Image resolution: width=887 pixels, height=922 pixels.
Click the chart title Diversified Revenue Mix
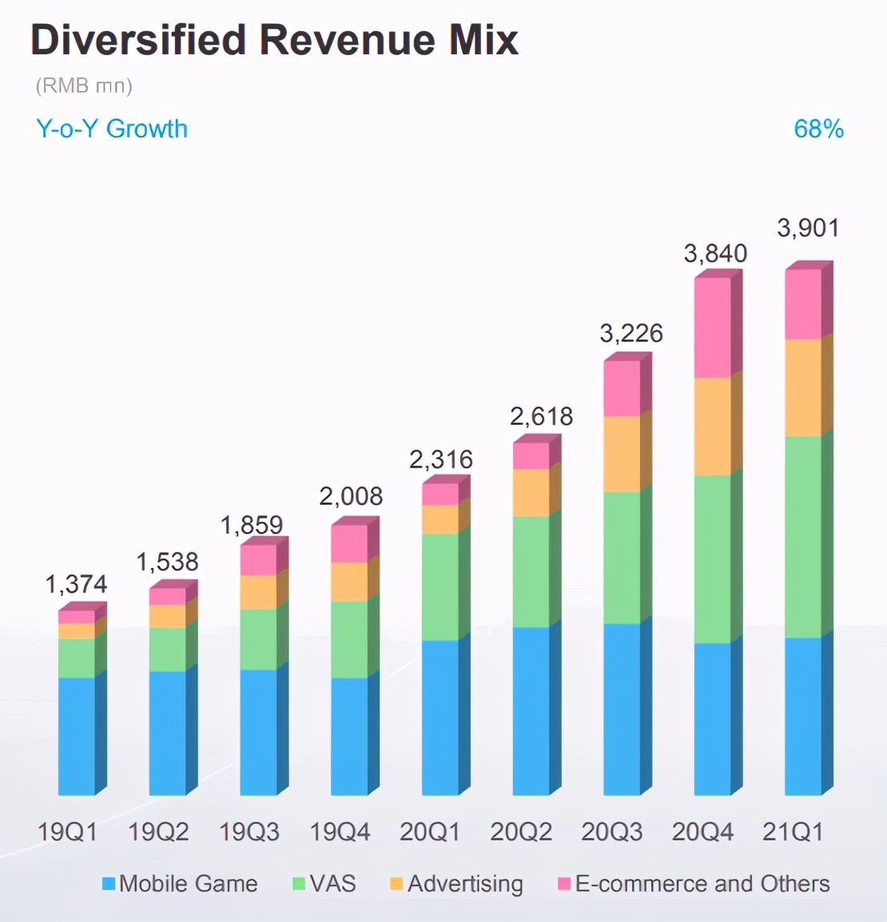pyautogui.click(x=274, y=40)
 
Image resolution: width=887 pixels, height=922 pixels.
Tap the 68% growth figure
pyautogui.click(x=818, y=129)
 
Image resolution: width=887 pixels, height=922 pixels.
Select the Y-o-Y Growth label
pyautogui.click(x=112, y=129)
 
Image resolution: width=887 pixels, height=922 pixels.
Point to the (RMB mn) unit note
pyautogui.click(x=83, y=85)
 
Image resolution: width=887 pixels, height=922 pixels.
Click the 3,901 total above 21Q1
pyautogui.click(x=808, y=229)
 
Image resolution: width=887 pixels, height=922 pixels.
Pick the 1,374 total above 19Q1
pyautogui.click(x=76, y=584)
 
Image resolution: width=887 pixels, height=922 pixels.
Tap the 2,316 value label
pyautogui.click(x=440, y=459)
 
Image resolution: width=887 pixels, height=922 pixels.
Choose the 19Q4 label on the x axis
pyautogui.click(x=340, y=832)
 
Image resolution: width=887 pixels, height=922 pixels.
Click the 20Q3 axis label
pyautogui.click(x=611, y=832)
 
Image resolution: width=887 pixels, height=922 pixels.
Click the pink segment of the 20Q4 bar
pyautogui.click(x=713, y=328)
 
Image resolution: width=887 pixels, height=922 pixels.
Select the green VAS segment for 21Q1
pyautogui.click(x=803, y=537)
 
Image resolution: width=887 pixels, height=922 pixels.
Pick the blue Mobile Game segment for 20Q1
pyautogui.click(x=440, y=717)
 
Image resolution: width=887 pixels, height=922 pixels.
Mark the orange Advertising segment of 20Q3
pyautogui.click(x=622, y=454)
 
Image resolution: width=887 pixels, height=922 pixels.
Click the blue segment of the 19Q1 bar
pyautogui.click(x=77, y=736)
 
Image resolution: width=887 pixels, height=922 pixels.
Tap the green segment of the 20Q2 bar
pyautogui.click(x=531, y=571)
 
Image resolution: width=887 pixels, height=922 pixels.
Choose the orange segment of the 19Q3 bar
pyautogui.click(x=258, y=592)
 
